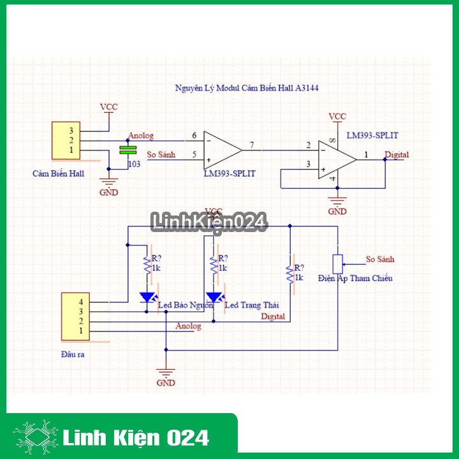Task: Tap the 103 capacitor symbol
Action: (x=128, y=150)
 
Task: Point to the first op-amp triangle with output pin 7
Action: (x=221, y=150)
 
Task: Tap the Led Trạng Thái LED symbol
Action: (x=214, y=296)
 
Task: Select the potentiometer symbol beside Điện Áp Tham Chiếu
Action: (x=338, y=263)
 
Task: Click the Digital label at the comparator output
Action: (x=397, y=155)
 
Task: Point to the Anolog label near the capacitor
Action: (x=141, y=136)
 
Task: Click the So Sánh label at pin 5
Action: (x=160, y=155)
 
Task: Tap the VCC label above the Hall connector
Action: (x=109, y=107)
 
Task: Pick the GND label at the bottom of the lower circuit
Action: (x=166, y=383)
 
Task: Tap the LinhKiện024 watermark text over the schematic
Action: (x=208, y=222)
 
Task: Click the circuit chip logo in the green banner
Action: (x=36, y=437)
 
